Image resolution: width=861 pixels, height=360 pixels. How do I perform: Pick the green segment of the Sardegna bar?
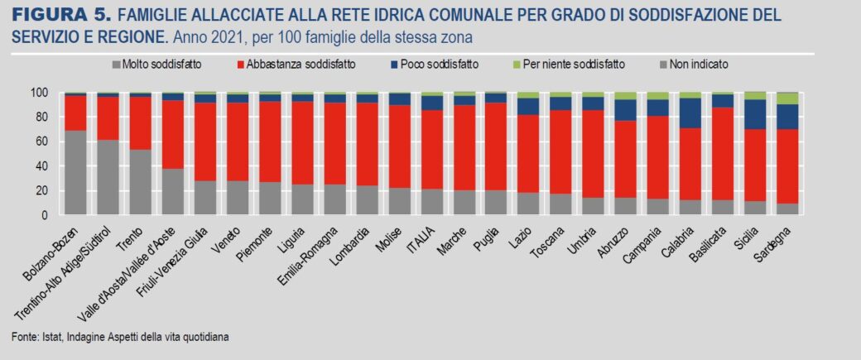[787, 98]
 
